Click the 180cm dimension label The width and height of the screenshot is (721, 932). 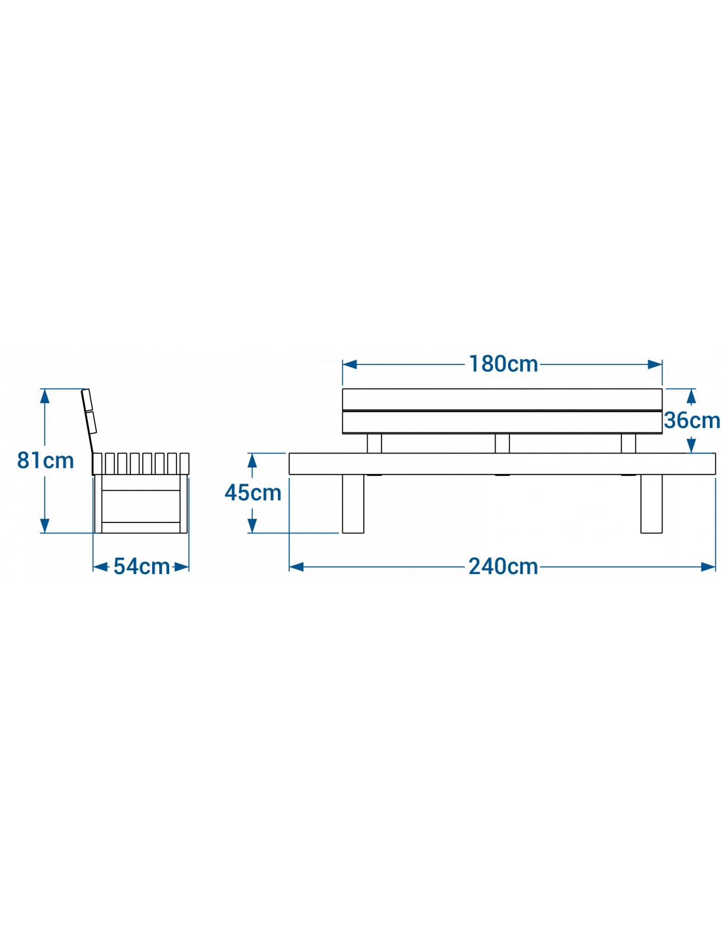(503, 364)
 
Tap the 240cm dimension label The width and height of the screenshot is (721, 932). (503, 566)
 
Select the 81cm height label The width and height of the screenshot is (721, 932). (45, 460)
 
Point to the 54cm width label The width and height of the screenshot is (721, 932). (142, 566)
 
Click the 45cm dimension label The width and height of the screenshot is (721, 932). (253, 492)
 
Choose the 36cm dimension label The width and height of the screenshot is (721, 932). (692, 420)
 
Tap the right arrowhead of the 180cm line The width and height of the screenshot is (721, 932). (654, 364)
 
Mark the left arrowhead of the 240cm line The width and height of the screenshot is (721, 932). (297, 567)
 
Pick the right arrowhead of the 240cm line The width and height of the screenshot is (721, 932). (708, 567)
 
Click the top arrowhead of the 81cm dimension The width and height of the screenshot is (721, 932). (45, 397)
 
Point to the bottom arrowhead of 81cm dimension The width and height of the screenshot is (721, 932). (45, 525)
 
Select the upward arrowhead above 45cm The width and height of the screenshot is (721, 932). (252, 461)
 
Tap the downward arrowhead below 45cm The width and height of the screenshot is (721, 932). (252, 525)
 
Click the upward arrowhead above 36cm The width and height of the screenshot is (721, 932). (691, 397)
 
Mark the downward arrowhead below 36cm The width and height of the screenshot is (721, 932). (691, 446)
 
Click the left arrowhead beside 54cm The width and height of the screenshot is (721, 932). (100, 567)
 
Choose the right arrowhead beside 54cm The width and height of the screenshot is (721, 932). (182, 567)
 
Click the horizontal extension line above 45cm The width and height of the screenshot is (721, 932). (267, 453)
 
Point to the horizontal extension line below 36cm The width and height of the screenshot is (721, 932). (699, 453)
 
